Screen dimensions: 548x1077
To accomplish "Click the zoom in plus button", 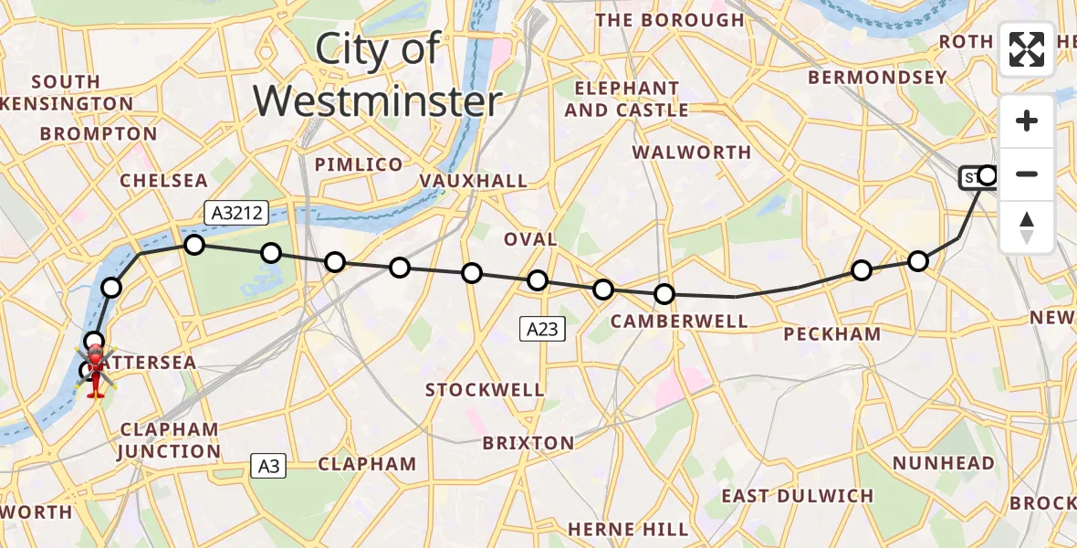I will pos(1027,121).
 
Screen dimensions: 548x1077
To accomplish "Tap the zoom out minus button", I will pos(1027,174).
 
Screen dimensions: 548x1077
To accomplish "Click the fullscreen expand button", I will pos(1027,49).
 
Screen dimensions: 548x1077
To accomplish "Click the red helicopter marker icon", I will pos(95,370).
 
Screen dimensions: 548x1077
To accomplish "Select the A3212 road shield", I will pos(235,214).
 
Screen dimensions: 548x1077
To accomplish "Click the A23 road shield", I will pos(542,329).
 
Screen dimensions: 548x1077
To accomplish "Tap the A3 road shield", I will pos(268,467).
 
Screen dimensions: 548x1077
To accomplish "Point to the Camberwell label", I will pos(679,321).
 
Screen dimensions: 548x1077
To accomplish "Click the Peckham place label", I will pos(832,334).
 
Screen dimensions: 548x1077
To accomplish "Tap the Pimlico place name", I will pos(359,164).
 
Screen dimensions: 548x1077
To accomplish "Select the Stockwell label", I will pos(485,390).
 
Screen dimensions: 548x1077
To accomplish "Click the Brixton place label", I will pos(528,443).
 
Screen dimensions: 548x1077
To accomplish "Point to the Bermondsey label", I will pos(877,78).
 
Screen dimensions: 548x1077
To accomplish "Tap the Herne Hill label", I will pos(628,529).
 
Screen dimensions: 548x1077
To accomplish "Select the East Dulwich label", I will pos(797,496).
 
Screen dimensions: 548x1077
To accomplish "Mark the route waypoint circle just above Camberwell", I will pos(664,294).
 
